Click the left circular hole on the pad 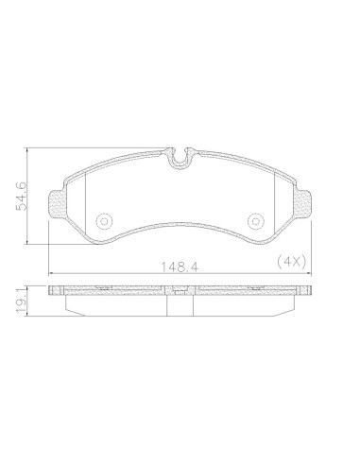click(101, 220)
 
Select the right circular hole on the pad click(254, 220)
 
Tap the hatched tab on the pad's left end click(57, 204)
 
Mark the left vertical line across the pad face click(86, 203)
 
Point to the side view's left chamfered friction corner click(67, 308)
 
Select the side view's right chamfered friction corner click(289, 308)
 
